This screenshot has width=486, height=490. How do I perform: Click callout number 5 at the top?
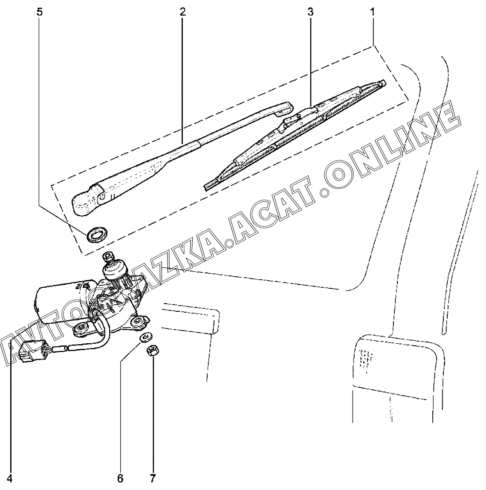click(x=40, y=12)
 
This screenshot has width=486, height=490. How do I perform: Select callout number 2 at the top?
click(x=182, y=12)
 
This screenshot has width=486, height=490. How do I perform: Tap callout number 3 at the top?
click(x=310, y=12)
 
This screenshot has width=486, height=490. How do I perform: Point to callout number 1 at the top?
click(x=373, y=12)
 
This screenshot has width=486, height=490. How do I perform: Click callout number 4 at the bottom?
click(x=9, y=478)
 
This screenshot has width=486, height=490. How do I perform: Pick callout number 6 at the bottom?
click(x=120, y=478)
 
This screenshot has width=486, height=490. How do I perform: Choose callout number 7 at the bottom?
click(x=152, y=478)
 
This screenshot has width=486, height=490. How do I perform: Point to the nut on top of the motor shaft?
click(x=107, y=257)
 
